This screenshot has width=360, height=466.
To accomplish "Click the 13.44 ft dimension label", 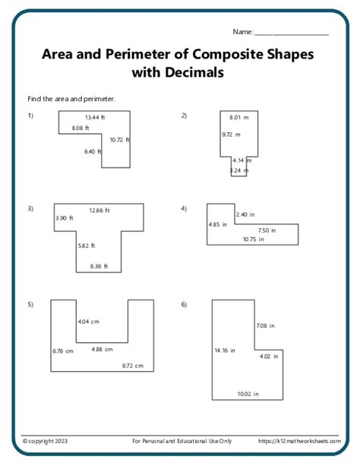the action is click(95, 117).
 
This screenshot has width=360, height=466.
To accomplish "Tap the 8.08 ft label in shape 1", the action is click(81, 128).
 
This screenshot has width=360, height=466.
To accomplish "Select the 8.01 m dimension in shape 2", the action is click(238, 118).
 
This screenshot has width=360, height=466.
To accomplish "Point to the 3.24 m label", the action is click(239, 170).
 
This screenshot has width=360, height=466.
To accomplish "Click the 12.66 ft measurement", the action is click(99, 211).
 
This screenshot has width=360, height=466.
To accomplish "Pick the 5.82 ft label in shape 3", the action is click(87, 246).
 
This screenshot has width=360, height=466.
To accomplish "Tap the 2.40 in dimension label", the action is click(245, 214).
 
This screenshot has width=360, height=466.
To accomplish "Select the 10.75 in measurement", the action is click(254, 239).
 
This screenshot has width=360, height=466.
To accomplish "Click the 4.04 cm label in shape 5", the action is click(89, 322).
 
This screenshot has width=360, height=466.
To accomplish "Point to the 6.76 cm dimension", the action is click(63, 351).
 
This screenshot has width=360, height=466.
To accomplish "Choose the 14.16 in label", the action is click(225, 350).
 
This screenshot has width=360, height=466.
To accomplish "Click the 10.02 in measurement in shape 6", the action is click(248, 394).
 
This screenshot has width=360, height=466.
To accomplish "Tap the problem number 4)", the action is click(184, 208).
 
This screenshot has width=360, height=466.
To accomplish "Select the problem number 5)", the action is click(30, 305).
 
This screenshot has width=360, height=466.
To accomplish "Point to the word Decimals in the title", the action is click(194, 72).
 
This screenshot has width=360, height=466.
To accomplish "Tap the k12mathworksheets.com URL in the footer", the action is click(299, 441).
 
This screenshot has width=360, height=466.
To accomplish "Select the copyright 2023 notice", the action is click(45, 441).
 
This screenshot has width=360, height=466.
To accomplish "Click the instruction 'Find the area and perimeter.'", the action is click(71, 99).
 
